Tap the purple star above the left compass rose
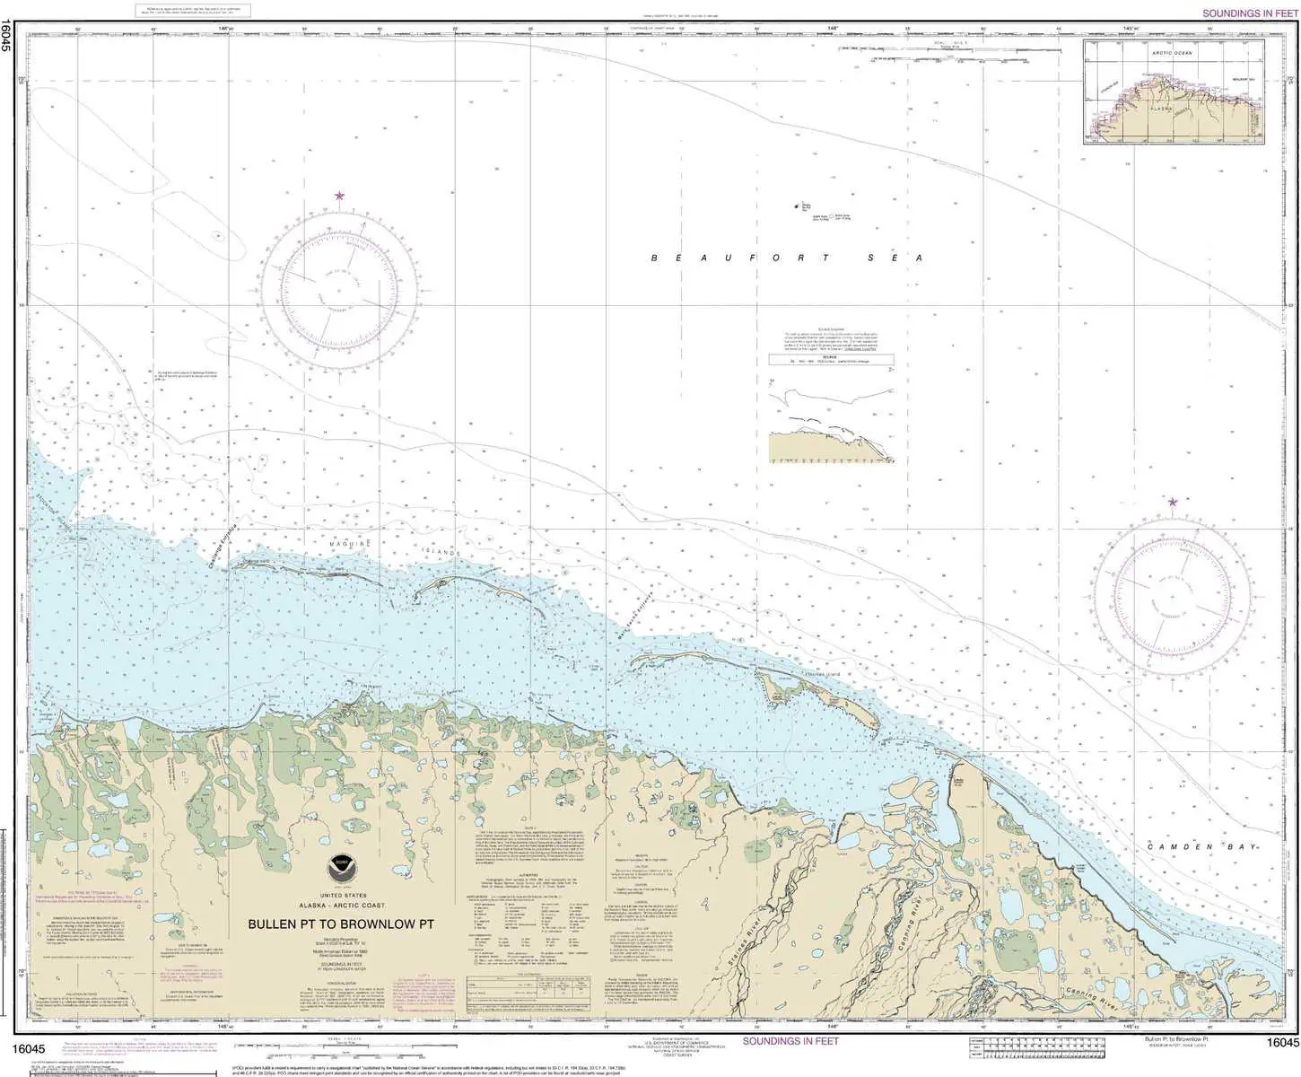(339, 196)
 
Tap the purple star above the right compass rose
(1172, 502)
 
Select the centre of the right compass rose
(1172, 597)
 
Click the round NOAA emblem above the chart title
(340, 865)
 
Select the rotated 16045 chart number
(7, 36)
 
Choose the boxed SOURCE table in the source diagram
(831, 360)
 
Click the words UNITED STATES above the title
(342, 896)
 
